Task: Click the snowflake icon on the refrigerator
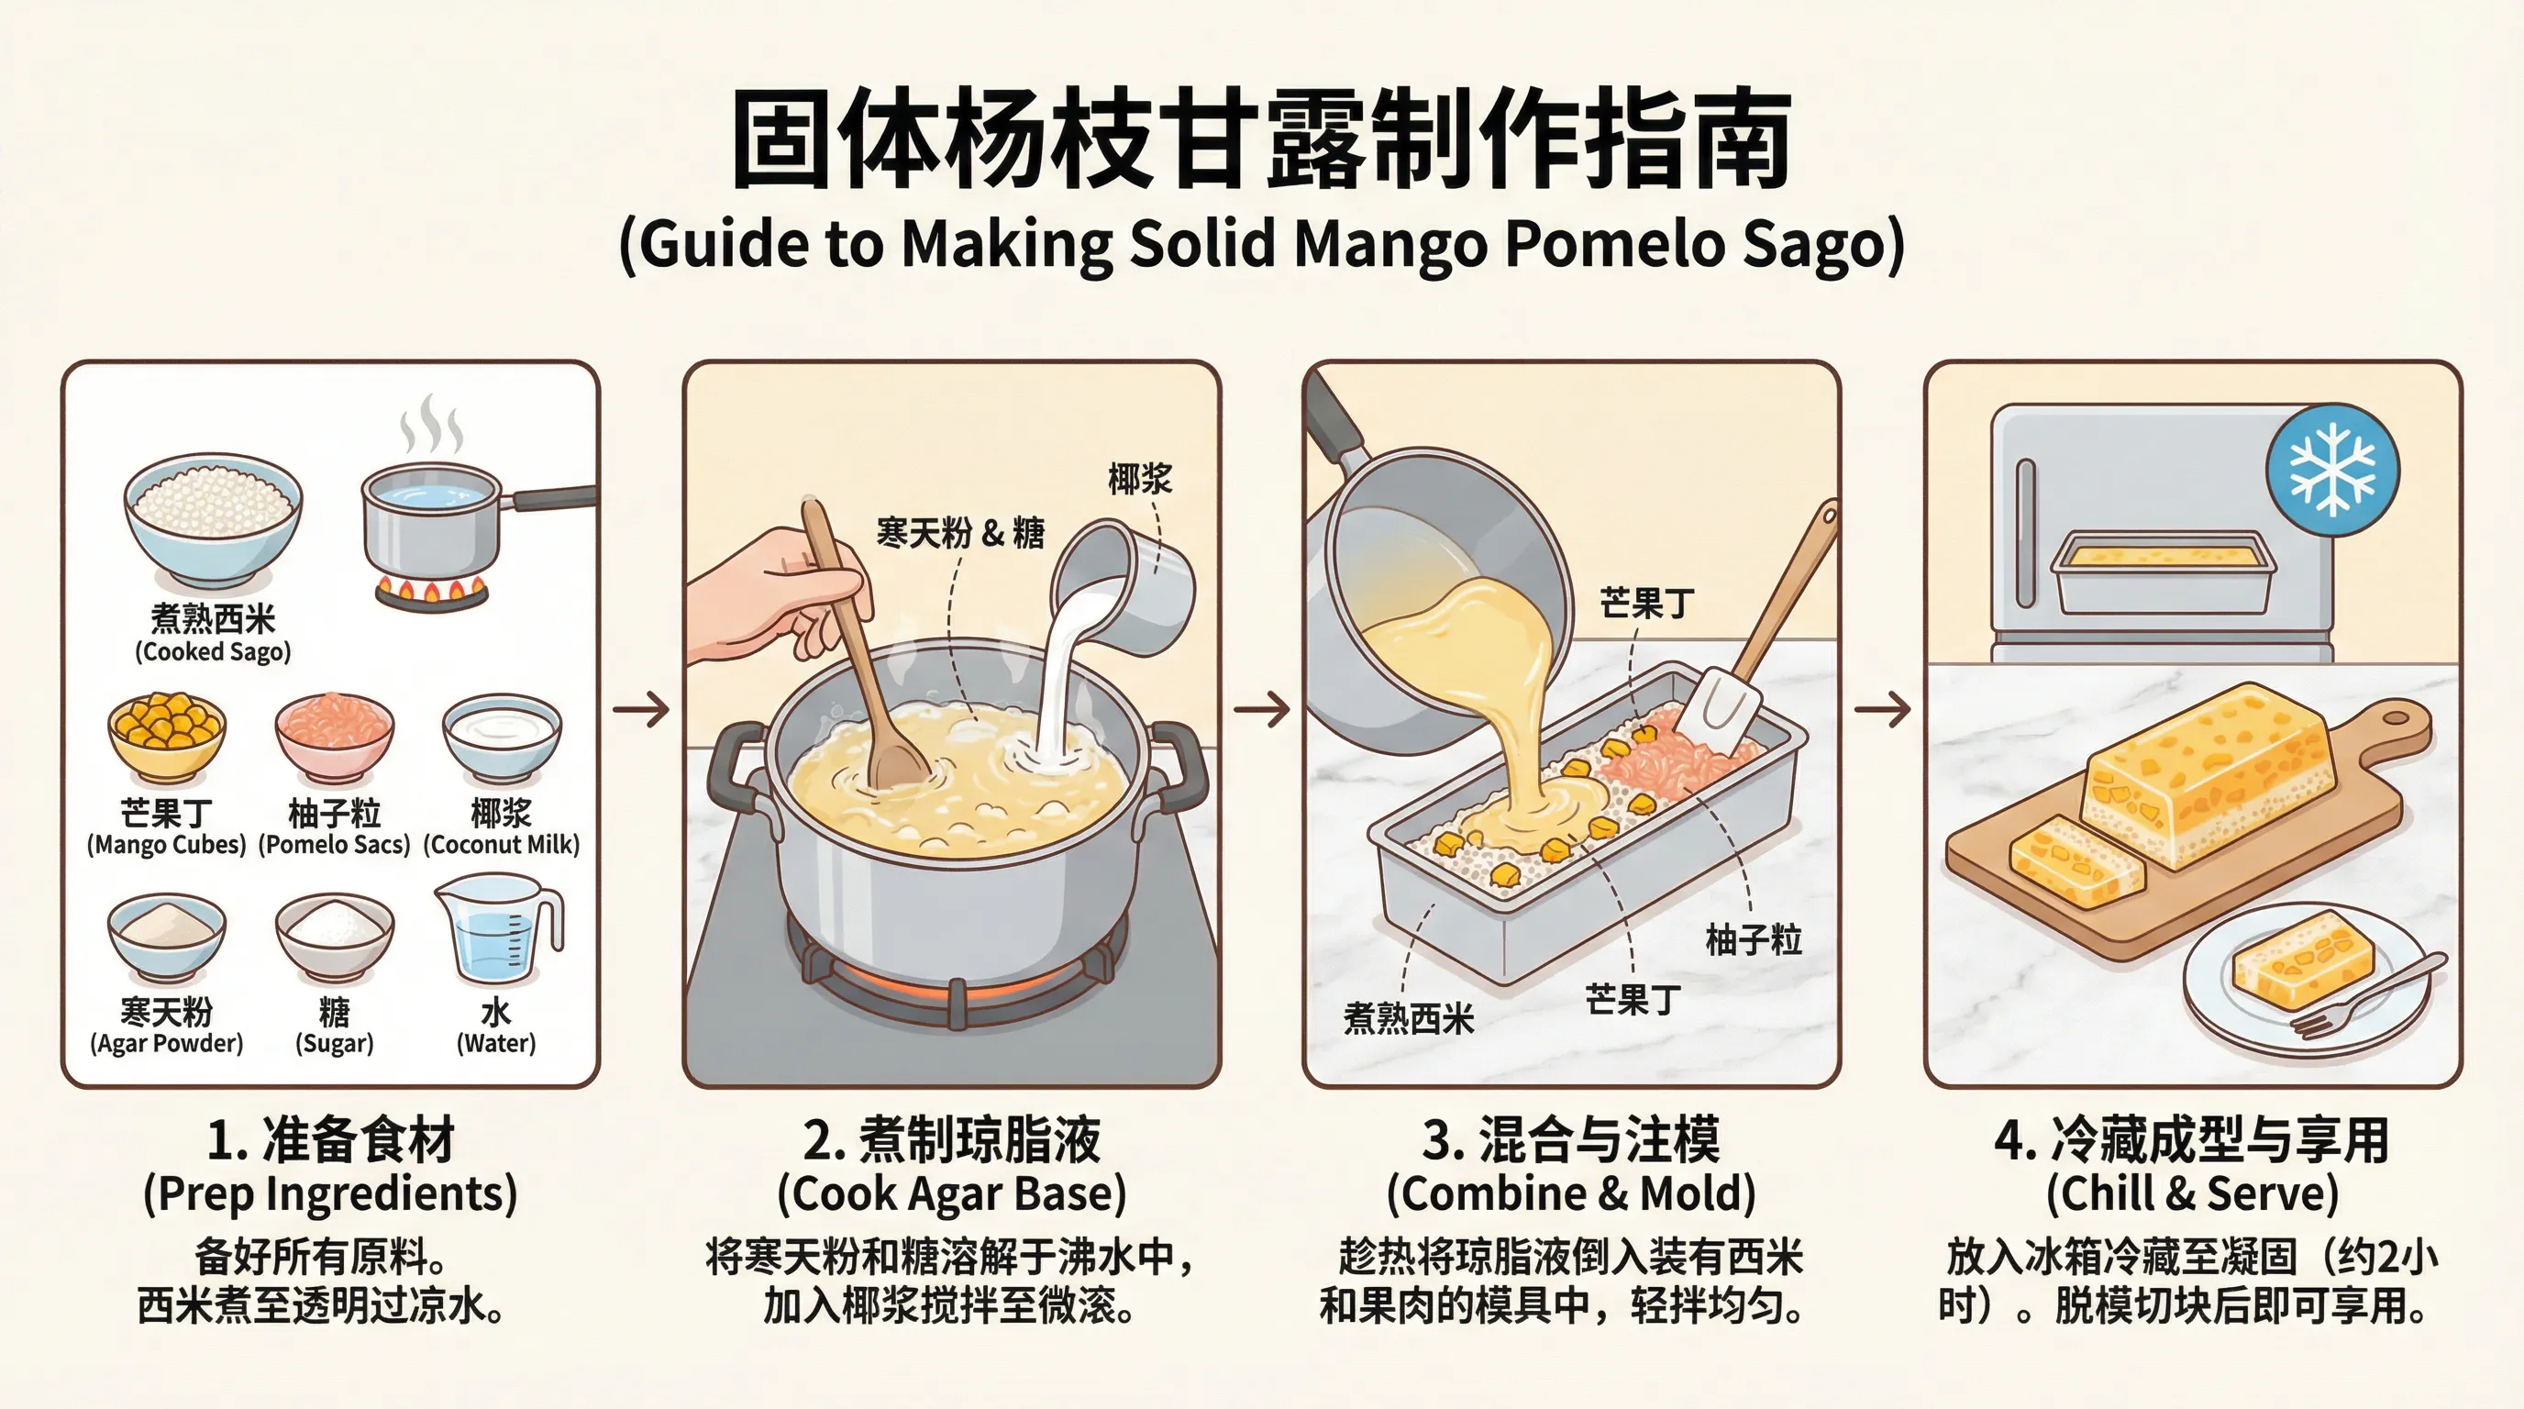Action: (2333, 469)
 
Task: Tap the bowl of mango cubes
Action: (167, 737)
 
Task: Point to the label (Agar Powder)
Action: (167, 1044)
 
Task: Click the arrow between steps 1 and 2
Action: (642, 708)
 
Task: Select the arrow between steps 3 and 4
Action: (1882, 708)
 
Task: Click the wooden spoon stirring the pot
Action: (862, 657)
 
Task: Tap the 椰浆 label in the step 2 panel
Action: (1139, 479)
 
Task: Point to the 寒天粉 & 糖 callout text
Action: (960, 533)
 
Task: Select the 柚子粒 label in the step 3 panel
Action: (1753, 939)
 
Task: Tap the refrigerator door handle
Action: (2025, 533)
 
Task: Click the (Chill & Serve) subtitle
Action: (2192, 1193)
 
